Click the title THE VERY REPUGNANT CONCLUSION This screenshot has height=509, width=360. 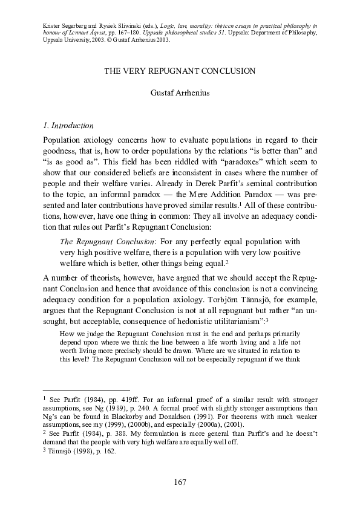[180, 71]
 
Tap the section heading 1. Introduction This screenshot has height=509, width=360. [68, 126]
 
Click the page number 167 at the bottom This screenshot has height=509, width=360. [180, 482]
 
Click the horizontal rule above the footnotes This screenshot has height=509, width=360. [87, 391]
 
